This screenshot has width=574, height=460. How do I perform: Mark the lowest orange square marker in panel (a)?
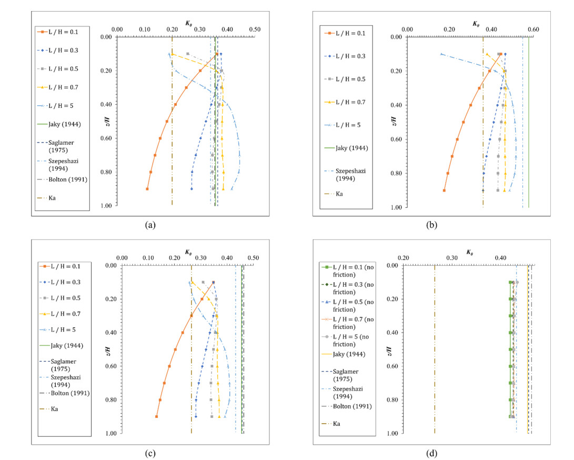pos(147,189)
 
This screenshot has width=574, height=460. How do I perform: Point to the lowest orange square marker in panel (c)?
pos(157,416)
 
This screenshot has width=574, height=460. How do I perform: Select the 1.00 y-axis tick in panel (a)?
pos(106,206)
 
